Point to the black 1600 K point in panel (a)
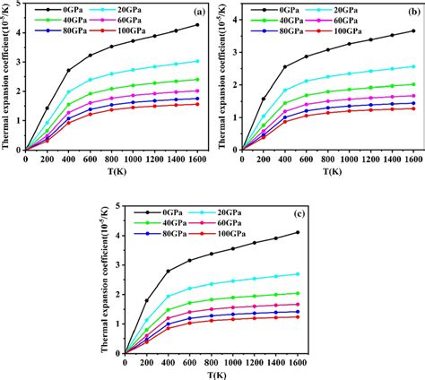[197, 24]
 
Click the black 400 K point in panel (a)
[69, 70]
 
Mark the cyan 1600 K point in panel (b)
[413, 66]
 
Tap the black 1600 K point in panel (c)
[297, 233]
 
